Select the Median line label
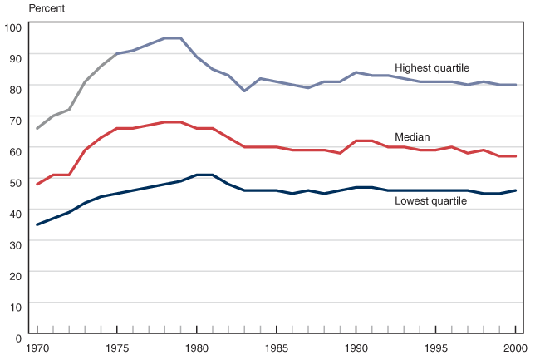click(x=411, y=136)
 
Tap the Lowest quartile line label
click(x=431, y=200)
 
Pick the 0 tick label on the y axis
click(x=17, y=337)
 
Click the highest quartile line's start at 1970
click(x=37, y=128)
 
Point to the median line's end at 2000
click(x=515, y=156)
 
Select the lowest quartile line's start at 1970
click(x=37, y=224)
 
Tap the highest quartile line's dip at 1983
click(x=244, y=90)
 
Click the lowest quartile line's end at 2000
click(x=515, y=190)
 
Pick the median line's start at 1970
click(x=37, y=184)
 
